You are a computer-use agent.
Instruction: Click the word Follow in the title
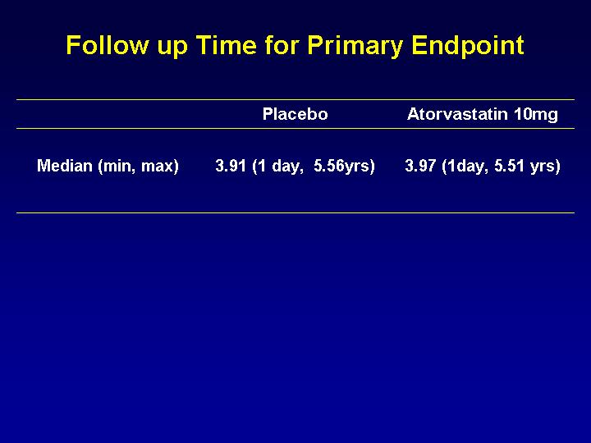(108, 45)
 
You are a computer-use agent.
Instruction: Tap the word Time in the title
(227, 45)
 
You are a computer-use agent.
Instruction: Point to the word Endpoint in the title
(467, 46)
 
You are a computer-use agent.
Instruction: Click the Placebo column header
(295, 114)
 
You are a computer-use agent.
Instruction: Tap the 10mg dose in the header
(536, 115)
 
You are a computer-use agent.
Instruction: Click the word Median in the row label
(65, 166)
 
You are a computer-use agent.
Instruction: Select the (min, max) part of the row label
(139, 167)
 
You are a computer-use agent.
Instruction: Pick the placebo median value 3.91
(231, 166)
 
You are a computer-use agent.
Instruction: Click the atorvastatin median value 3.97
(420, 166)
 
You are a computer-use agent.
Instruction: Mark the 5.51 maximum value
(510, 166)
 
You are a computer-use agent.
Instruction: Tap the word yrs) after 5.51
(545, 167)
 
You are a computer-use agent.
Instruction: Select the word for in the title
(282, 45)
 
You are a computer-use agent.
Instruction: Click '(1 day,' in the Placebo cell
(277, 167)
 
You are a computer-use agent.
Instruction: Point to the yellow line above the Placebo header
(295, 100)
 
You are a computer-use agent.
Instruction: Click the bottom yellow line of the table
(295, 212)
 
